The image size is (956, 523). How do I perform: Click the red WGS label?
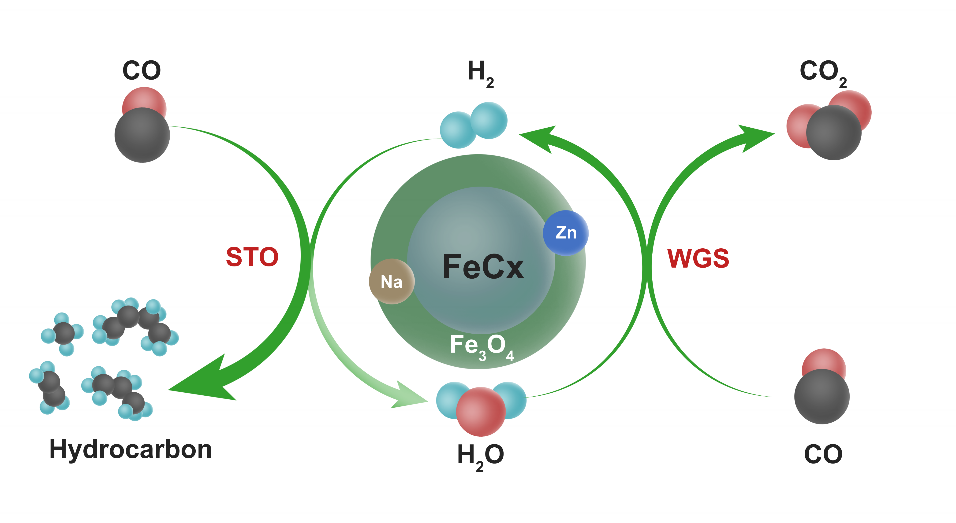click(x=698, y=258)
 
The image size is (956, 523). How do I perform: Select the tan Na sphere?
click(x=392, y=282)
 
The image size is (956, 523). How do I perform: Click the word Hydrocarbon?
click(x=131, y=449)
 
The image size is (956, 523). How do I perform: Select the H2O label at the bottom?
click(x=480, y=456)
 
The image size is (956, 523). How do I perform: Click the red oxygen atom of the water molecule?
click(x=481, y=412)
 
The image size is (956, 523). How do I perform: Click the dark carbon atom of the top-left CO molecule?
click(x=142, y=135)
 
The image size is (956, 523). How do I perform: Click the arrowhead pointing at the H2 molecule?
click(x=538, y=137)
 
